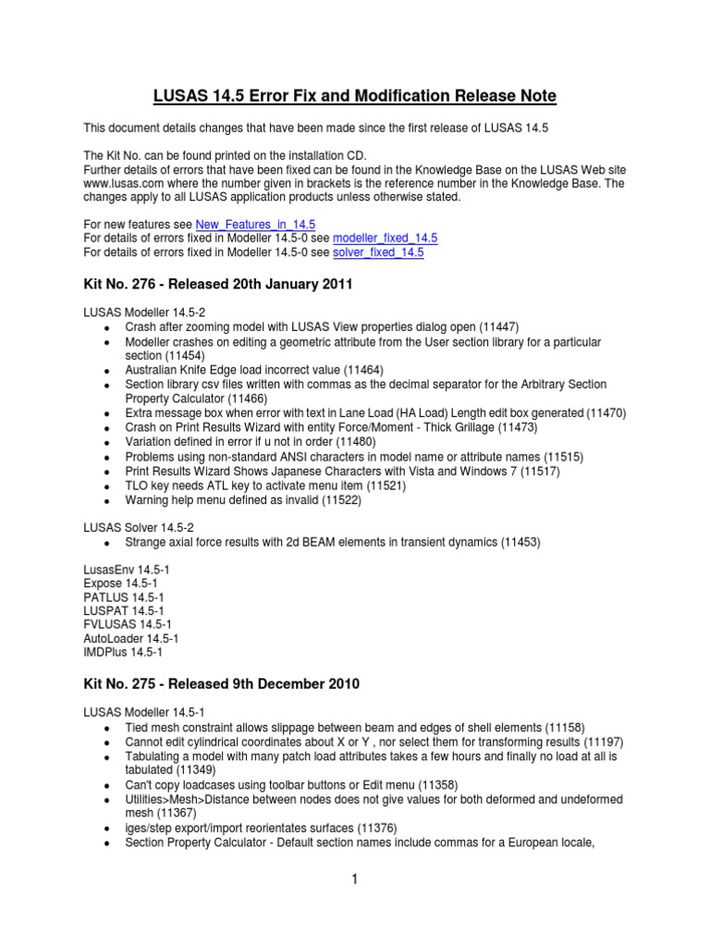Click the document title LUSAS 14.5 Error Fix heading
click(355, 96)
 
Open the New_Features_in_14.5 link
click(255, 225)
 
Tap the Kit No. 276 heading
click(218, 285)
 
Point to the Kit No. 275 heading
click(221, 684)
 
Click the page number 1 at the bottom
click(354, 879)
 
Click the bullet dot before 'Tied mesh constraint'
click(107, 729)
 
